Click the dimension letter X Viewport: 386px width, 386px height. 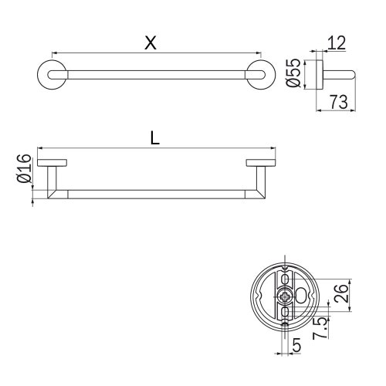(x=151, y=43)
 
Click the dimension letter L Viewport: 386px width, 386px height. (x=155, y=138)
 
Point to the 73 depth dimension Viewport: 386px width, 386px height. (x=337, y=100)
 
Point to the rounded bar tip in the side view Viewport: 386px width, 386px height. (x=352, y=75)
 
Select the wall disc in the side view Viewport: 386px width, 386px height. (x=319, y=75)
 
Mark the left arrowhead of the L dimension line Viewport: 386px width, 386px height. (x=39, y=148)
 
